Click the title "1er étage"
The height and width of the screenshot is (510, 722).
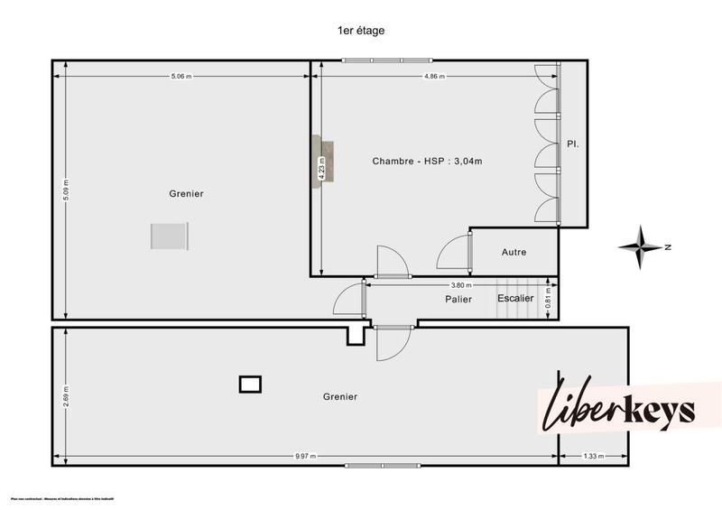[x=361, y=30]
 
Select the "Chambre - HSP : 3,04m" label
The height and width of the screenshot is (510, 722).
[x=427, y=162]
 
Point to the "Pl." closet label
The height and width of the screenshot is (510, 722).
[x=572, y=144]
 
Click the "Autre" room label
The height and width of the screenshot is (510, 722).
[x=514, y=252]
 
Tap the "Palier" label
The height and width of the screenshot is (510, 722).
[x=458, y=299]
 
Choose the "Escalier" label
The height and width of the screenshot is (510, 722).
[x=515, y=298]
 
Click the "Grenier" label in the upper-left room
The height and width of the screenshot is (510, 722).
[x=186, y=193]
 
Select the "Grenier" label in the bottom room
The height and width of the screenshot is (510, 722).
[x=339, y=396]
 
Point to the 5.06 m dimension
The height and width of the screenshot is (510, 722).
[x=181, y=77]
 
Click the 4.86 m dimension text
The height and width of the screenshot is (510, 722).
[x=436, y=77]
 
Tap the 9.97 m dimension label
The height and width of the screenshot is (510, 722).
[x=305, y=456]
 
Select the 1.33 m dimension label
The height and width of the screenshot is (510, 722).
[x=592, y=456]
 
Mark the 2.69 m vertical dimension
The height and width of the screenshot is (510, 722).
[x=66, y=394]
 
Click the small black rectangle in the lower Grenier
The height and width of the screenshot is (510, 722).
[x=250, y=385]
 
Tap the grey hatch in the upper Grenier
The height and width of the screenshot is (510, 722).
[x=169, y=236]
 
